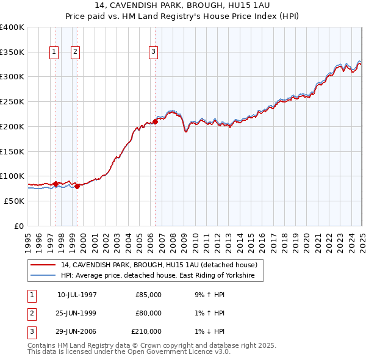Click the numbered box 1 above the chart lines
[x=54, y=52]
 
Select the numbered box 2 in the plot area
[x=75, y=52]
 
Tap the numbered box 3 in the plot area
[x=153, y=52]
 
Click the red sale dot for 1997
[x=56, y=183]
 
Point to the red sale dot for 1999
[x=77, y=186]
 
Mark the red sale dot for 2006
[x=155, y=121]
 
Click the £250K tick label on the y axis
[x=12, y=102]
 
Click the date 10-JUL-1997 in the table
[x=77, y=295]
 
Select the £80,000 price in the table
[x=149, y=313]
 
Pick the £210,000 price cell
[x=146, y=331]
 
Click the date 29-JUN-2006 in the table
[x=77, y=331]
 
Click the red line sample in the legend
[x=43, y=265]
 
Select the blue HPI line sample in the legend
[x=43, y=275]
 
